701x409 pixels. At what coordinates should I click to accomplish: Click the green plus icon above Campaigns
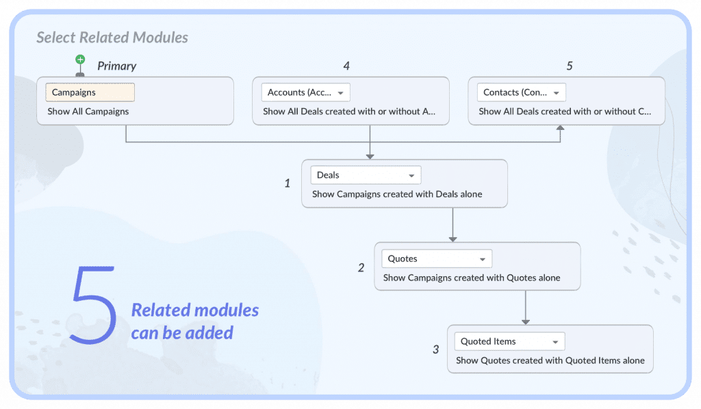tap(80, 60)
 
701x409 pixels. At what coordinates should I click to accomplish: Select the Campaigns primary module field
tap(90, 92)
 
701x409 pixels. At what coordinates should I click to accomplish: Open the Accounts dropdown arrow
tap(341, 93)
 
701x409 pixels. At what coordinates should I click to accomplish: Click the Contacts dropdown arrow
tap(557, 93)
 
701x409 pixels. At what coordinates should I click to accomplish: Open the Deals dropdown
tap(366, 175)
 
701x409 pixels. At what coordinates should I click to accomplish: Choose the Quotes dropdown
tap(437, 259)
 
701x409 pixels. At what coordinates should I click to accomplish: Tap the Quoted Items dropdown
tap(509, 341)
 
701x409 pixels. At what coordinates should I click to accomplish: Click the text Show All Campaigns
tap(88, 111)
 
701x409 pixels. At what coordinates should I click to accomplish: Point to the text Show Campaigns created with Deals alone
tap(397, 194)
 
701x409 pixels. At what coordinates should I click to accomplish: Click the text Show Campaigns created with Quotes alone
tap(472, 278)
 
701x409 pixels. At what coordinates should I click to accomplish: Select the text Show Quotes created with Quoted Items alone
tap(550, 360)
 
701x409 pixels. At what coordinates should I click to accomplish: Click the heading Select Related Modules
tap(112, 38)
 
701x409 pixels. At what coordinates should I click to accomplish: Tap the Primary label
tap(116, 66)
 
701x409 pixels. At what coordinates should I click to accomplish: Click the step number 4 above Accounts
tap(346, 66)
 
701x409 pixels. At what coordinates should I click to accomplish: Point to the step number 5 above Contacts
tap(570, 66)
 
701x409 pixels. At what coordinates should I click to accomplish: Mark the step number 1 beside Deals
tap(288, 183)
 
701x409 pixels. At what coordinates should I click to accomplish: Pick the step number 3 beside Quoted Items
tap(436, 349)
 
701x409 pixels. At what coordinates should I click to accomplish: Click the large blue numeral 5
tap(93, 305)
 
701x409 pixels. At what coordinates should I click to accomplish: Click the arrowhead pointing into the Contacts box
tap(560, 128)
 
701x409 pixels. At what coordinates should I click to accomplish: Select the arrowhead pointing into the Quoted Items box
tap(526, 322)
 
